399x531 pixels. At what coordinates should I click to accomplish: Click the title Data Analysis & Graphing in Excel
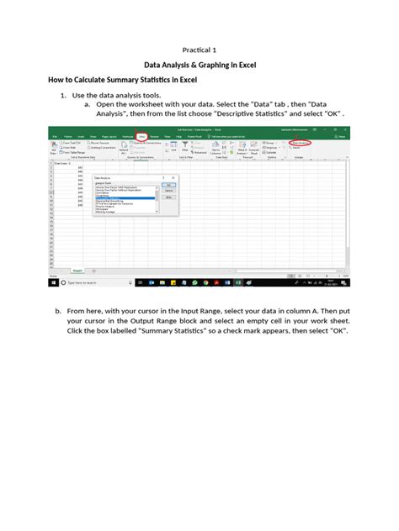(199, 64)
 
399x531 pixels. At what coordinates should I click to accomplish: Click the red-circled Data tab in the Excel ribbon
(142, 135)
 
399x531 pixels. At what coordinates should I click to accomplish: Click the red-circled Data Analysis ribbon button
(322, 142)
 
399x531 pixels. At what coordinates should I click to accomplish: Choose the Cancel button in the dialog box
(169, 191)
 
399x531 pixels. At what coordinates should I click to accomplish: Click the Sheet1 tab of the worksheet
(77, 271)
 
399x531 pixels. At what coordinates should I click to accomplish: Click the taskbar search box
(76, 284)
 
